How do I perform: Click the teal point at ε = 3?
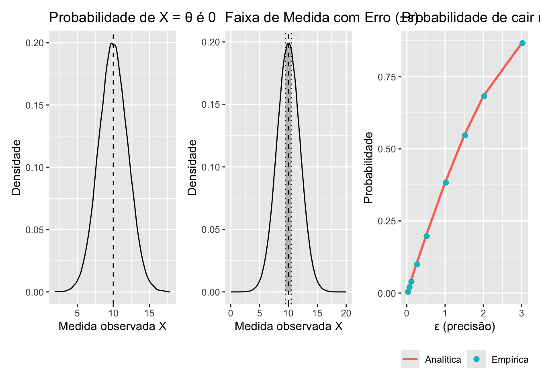tap(522, 43)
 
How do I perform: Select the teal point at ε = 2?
tap(484, 96)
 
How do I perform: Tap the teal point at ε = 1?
tap(446, 183)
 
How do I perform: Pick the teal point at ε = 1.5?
tap(465, 135)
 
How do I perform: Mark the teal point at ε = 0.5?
tap(426, 236)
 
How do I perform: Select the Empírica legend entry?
tap(498, 359)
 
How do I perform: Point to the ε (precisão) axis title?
tap(464, 326)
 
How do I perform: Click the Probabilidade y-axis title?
tap(368, 168)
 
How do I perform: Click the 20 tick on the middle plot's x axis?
tap(346, 313)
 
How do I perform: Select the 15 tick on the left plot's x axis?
tap(149, 313)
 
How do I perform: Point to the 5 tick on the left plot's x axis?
tap(77, 313)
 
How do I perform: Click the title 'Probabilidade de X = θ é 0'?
tap(132, 18)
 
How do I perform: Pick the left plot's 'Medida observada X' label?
tap(112, 326)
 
